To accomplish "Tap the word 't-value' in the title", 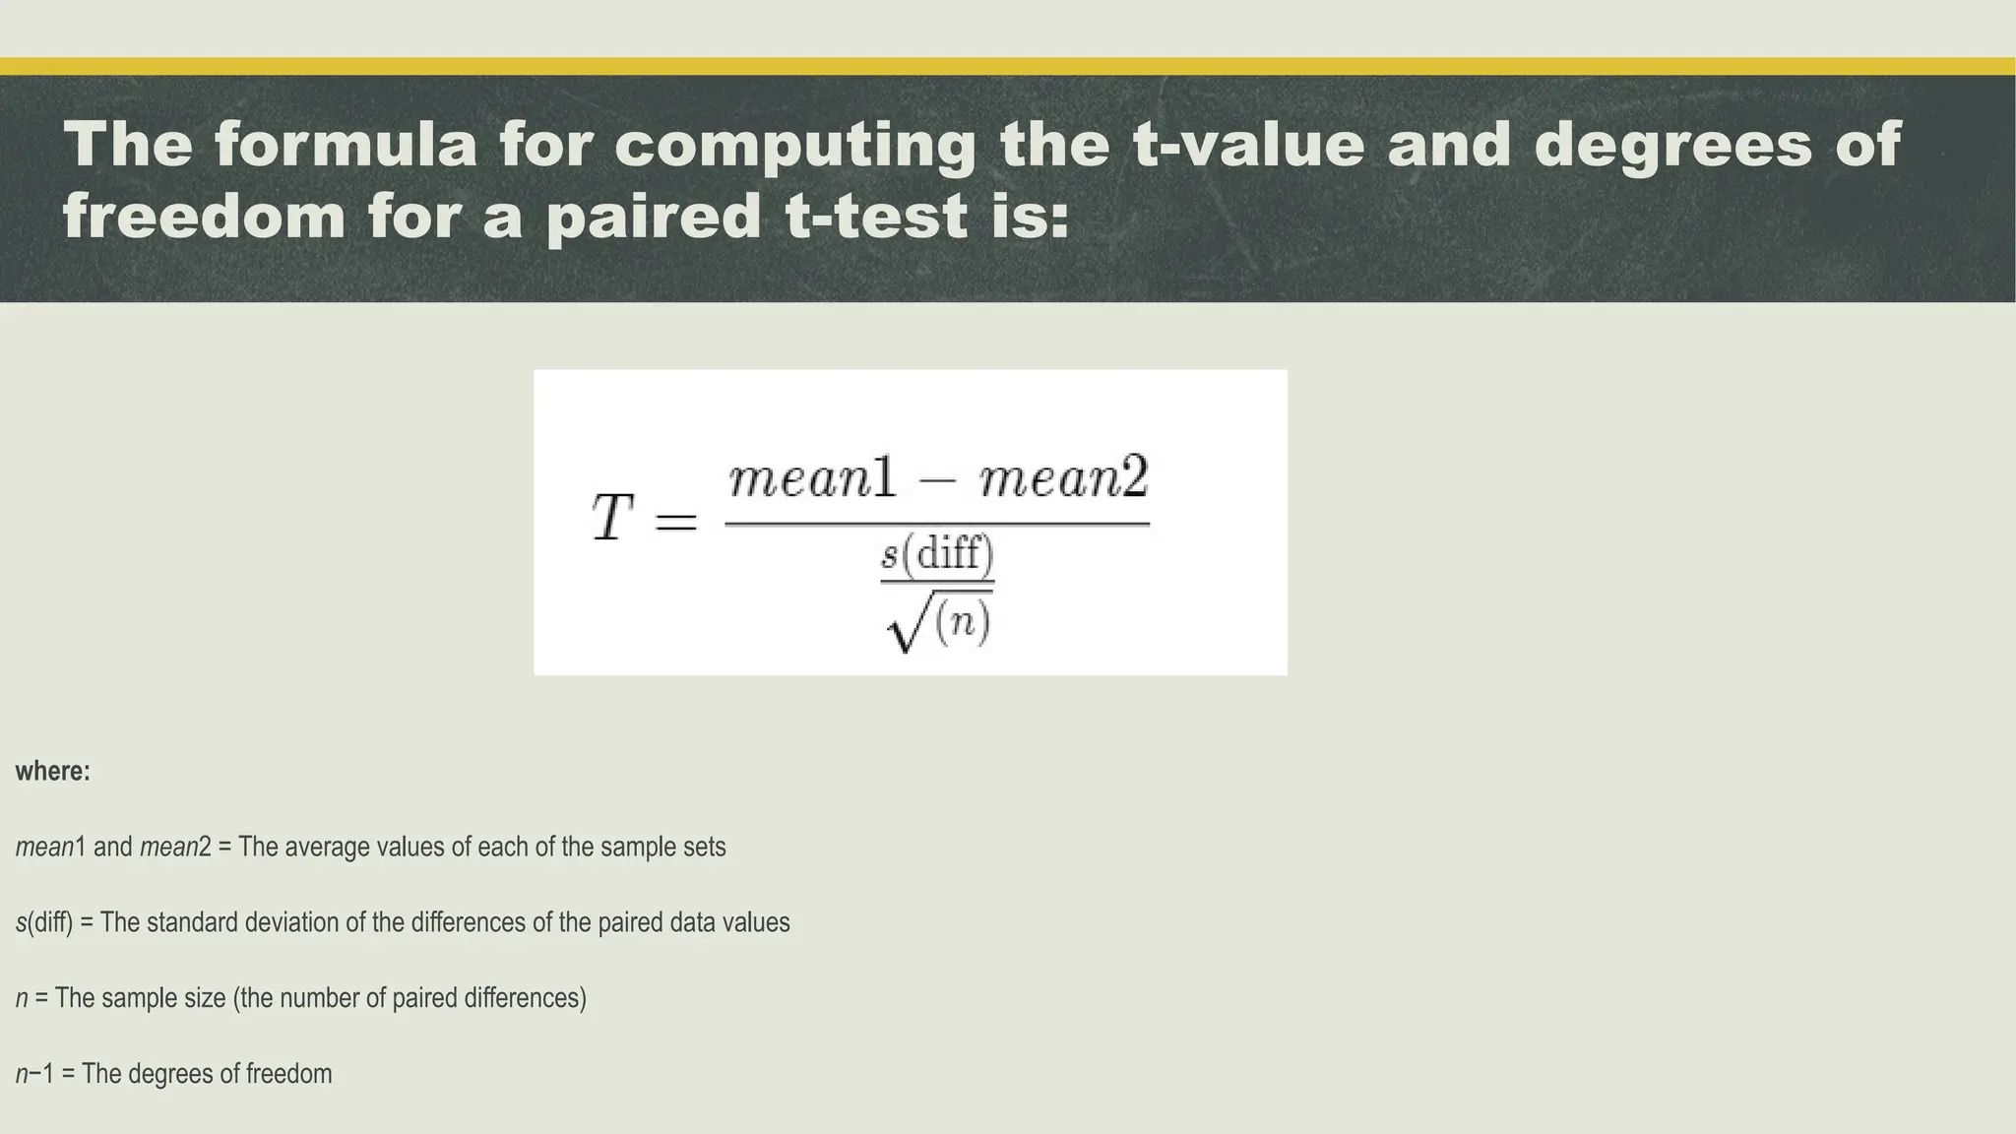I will tap(1248, 144).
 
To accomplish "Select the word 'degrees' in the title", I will tap(1672, 144).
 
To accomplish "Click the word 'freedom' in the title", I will tap(204, 217).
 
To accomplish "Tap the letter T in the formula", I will tap(611, 518).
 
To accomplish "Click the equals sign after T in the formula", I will tap(675, 522).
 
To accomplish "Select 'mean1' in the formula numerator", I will tap(813, 479).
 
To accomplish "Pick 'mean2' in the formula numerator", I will tap(1064, 479).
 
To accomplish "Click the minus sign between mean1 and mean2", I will tap(938, 481).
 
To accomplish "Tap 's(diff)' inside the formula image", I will tap(937, 554).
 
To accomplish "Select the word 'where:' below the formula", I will tap(52, 771).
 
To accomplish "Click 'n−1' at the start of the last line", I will tap(34, 1074).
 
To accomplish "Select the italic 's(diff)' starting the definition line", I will tap(44, 922).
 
